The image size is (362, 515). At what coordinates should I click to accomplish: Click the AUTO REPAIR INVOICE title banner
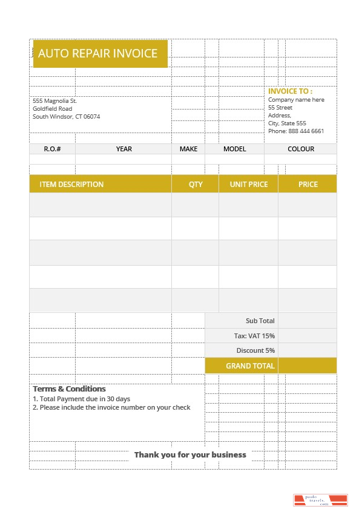click(x=98, y=53)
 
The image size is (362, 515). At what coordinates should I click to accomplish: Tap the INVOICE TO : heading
click(x=291, y=91)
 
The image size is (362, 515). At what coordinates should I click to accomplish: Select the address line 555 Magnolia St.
click(x=54, y=100)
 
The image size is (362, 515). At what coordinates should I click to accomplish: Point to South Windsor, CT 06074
click(x=67, y=116)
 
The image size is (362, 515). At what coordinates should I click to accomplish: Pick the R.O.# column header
click(x=52, y=149)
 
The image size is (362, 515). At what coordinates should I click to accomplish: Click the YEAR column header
click(x=124, y=149)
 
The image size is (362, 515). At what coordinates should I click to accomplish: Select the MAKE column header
click(x=188, y=149)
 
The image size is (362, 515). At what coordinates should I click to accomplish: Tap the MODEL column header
click(x=234, y=149)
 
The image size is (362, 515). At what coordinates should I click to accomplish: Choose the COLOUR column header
click(x=301, y=149)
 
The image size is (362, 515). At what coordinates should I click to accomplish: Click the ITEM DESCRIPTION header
click(x=71, y=184)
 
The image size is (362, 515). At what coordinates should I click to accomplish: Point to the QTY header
click(x=196, y=184)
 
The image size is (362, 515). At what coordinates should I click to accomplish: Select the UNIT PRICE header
click(x=248, y=184)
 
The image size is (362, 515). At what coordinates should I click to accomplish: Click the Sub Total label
click(x=260, y=321)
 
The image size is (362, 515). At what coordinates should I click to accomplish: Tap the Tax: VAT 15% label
click(x=254, y=336)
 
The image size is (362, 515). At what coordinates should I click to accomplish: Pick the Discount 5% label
click(x=255, y=350)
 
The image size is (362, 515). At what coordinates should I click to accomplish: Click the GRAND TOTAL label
click(x=250, y=366)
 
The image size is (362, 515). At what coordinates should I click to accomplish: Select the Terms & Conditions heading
click(x=69, y=389)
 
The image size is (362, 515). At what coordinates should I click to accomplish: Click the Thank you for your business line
click(x=190, y=454)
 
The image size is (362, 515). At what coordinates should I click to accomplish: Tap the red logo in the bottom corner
click(x=320, y=500)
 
